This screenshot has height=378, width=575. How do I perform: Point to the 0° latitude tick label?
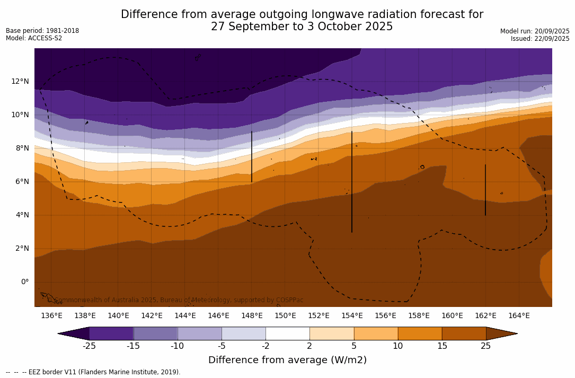(x=24, y=282)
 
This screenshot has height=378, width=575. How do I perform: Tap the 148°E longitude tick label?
(x=252, y=315)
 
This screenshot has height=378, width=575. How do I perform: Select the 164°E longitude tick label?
(x=519, y=315)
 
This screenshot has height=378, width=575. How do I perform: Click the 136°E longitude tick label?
(x=51, y=315)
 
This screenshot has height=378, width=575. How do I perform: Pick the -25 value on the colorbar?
(x=89, y=346)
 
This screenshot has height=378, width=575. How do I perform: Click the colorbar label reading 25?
(x=485, y=346)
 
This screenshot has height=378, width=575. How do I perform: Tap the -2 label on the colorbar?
(x=265, y=346)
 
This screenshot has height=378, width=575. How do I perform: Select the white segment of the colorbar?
(x=287, y=333)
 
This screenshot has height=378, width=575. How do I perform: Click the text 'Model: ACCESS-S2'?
(x=34, y=38)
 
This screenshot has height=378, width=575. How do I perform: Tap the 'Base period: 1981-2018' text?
(x=42, y=31)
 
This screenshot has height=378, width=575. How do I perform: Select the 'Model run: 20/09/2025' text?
(x=535, y=31)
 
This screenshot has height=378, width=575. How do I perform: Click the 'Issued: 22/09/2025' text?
(x=540, y=39)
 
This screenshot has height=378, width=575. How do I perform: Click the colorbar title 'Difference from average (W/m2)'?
(x=287, y=360)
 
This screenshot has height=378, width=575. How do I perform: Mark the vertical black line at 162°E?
(x=485, y=190)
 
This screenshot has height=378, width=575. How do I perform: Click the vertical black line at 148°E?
(x=252, y=156)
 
